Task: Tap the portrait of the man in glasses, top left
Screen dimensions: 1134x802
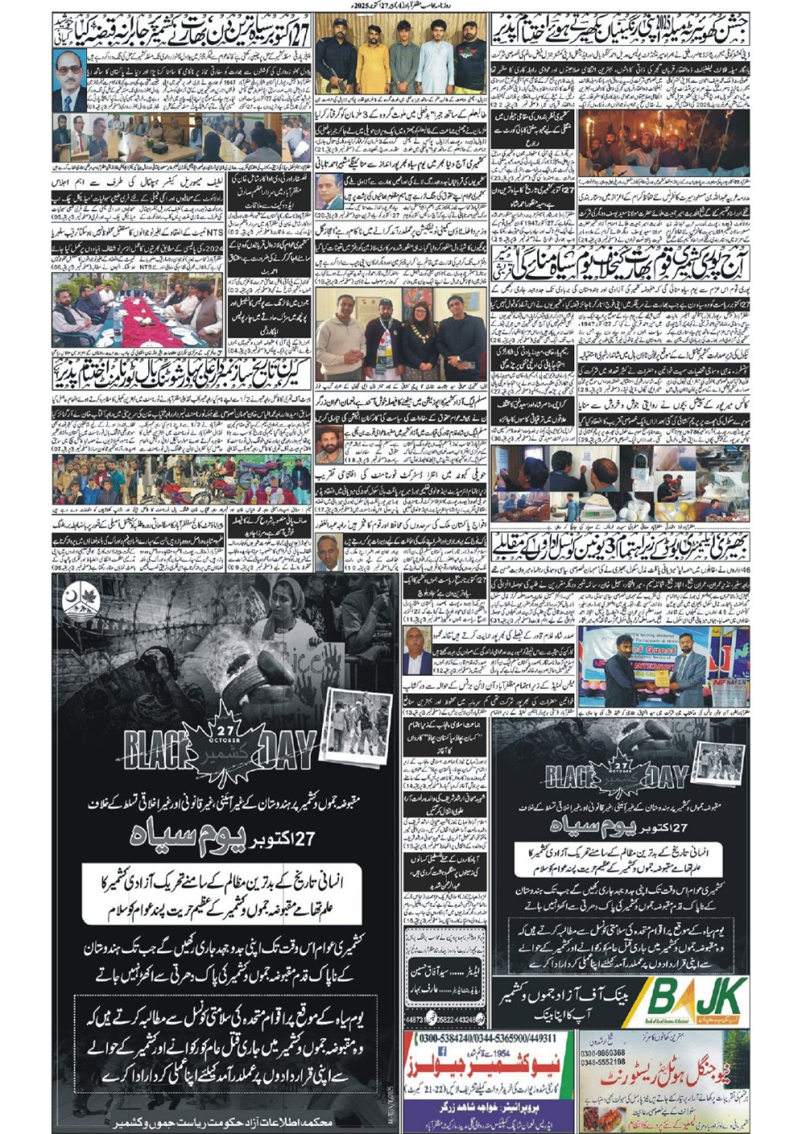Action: (69, 81)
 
